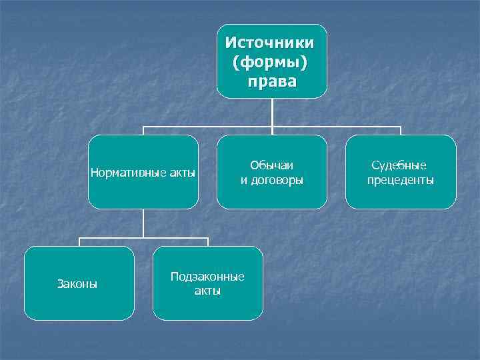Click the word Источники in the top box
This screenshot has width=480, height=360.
(271, 43)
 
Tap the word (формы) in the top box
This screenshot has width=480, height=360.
(271, 63)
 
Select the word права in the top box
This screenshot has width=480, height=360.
(271, 82)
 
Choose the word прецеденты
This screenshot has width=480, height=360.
(401, 180)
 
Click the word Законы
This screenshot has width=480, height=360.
(79, 285)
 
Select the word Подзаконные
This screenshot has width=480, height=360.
(207, 277)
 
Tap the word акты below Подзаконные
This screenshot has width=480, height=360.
(207, 291)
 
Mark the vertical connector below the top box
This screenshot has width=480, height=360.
(272, 112)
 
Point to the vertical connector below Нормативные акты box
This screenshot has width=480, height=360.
(143, 223)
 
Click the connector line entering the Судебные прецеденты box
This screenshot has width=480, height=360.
(401, 131)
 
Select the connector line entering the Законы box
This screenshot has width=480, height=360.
(79, 242)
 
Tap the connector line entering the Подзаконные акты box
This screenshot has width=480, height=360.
(207, 242)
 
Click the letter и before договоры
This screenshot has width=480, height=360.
(244, 180)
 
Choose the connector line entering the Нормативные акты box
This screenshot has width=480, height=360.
(143, 131)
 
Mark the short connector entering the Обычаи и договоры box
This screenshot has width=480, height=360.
(272, 131)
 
